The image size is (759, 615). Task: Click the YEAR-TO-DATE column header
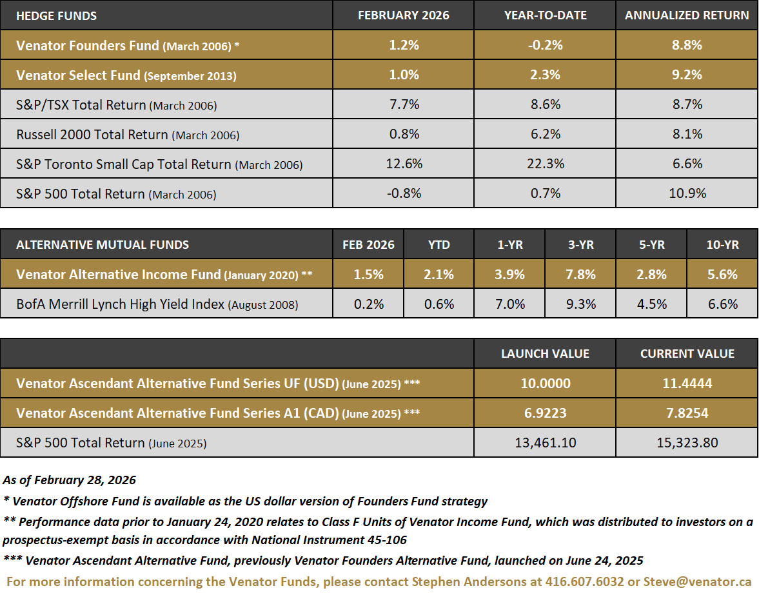point(545,15)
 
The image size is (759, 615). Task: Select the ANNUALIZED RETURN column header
point(687,15)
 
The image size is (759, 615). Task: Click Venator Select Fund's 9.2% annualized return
point(687,75)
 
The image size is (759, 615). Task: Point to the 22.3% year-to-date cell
point(545,164)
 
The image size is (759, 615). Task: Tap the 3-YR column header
point(580,245)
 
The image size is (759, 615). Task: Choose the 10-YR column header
point(722,245)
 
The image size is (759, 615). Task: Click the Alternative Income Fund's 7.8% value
point(580,275)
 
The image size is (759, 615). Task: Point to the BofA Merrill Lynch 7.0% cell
point(509,304)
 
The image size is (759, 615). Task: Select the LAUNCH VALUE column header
point(545,354)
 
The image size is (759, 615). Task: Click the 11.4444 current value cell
point(687,384)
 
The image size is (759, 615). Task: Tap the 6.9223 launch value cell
point(545,413)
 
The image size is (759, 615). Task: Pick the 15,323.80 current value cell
point(687,443)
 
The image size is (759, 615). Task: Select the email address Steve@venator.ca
point(697,581)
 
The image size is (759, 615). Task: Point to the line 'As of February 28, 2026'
point(70,480)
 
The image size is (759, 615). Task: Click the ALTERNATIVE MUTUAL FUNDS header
point(103,245)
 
